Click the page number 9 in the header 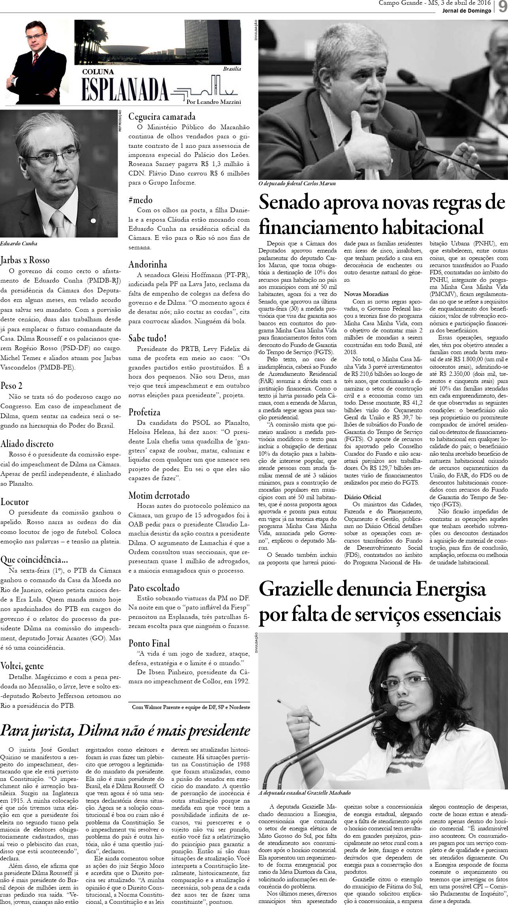click(x=502, y=7)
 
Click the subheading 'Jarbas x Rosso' click(x=25, y=260)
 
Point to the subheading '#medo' click(x=140, y=200)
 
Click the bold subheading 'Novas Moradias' click(x=366, y=294)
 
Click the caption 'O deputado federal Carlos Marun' click(x=297, y=184)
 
